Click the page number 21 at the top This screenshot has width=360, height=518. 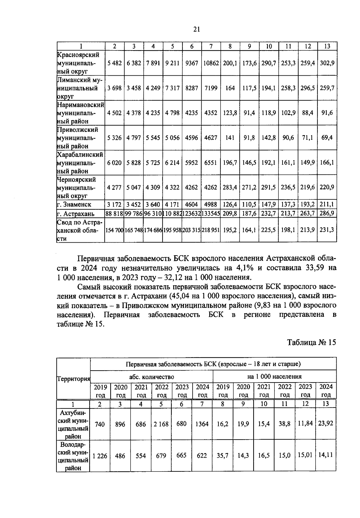click(196, 29)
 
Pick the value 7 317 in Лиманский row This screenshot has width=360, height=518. click(172, 88)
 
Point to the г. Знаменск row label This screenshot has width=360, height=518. click(74, 204)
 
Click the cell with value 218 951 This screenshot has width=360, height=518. click(211, 230)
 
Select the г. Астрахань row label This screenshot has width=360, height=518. click(76, 214)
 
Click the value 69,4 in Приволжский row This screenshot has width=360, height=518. click(327, 138)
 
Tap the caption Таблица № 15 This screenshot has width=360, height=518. click(311, 343)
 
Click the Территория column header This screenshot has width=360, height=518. click(73, 379)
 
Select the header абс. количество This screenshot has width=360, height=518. click(151, 377)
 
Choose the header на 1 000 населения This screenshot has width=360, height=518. click(274, 377)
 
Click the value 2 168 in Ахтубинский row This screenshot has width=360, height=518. click(161, 424)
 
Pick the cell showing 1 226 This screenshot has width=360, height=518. click(100, 456)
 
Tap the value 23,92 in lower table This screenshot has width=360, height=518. click(325, 423)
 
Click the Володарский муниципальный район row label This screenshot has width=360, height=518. click(73, 456)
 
